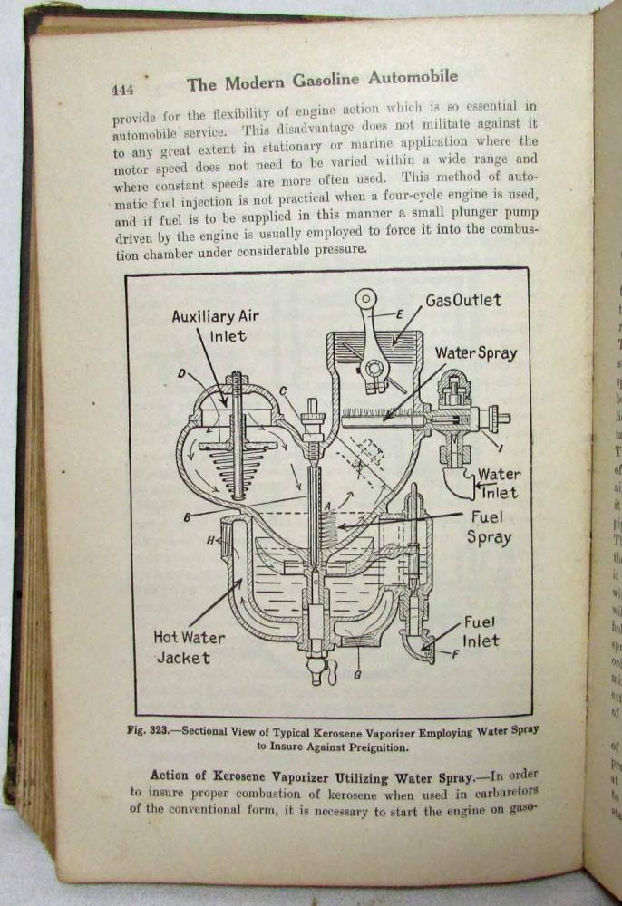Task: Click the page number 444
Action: point(122,90)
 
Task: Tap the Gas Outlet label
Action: point(463,300)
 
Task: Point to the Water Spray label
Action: point(475,353)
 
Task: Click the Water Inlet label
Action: point(499,484)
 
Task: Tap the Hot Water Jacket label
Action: point(190,647)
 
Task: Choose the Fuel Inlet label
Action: point(481,631)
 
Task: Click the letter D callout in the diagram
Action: point(181,372)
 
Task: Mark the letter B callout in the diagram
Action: point(187,517)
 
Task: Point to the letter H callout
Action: point(210,541)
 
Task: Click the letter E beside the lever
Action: point(400,313)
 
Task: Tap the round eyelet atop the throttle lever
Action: point(366,298)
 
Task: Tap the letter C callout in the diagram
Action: point(283,390)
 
